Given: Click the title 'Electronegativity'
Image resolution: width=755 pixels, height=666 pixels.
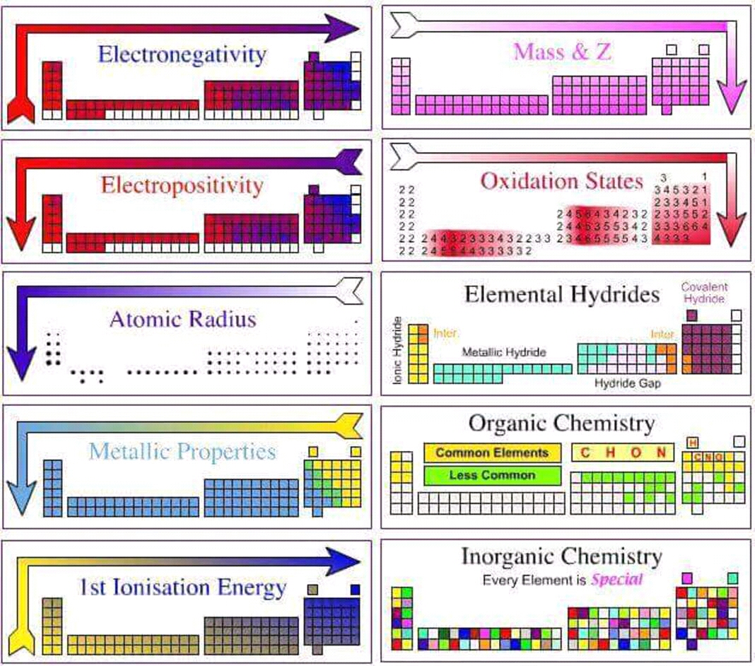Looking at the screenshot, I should (x=182, y=54).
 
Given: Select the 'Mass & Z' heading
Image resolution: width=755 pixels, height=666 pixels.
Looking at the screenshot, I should (x=563, y=52).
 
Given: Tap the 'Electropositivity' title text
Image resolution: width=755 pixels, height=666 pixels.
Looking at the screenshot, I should (x=182, y=186).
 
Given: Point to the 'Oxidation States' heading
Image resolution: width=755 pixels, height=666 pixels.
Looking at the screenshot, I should (x=562, y=180).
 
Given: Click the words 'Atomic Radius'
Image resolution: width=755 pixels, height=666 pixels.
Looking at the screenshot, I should (x=182, y=319).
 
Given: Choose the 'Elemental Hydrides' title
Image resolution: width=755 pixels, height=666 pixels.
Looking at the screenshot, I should (x=562, y=293).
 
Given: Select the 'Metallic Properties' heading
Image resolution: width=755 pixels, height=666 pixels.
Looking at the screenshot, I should (x=182, y=452).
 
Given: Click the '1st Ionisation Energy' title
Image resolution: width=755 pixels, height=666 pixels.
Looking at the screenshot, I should (x=182, y=588).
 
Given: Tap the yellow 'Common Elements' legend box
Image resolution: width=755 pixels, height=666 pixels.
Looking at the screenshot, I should (x=492, y=452).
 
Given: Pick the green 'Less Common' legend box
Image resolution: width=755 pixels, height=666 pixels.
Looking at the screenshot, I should (x=492, y=475).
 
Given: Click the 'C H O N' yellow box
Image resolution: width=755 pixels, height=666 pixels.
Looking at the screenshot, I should (x=622, y=452).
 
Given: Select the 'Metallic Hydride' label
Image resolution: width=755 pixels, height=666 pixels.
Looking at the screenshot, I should (x=503, y=352).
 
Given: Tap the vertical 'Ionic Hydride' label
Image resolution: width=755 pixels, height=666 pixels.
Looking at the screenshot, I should (x=397, y=351).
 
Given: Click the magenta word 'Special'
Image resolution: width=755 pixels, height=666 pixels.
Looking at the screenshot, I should (x=617, y=580).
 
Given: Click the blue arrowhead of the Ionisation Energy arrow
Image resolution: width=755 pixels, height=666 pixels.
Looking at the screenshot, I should (x=346, y=561).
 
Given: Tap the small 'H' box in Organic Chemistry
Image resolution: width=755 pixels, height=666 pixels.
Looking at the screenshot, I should (x=693, y=443).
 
